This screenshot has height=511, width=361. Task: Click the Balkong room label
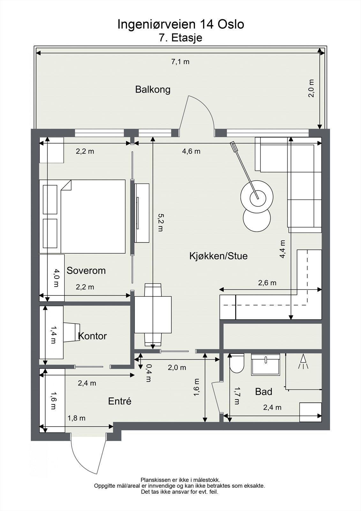(x=153, y=89)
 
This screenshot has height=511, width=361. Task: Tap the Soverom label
(x=86, y=271)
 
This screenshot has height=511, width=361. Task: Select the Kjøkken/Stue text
(x=218, y=256)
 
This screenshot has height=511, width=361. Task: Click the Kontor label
(x=92, y=336)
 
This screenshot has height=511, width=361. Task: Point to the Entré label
(x=120, y=401)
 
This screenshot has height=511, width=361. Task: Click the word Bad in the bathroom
(x=263, y=392)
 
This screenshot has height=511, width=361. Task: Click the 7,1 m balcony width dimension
(x=180, y=62)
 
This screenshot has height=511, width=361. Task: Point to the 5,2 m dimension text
(x=160, y=223)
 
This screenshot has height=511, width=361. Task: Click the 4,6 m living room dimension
(x=191, y=151)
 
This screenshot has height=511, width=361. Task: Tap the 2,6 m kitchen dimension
(x=267, y=283)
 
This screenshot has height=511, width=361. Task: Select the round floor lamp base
(x=257, y=197)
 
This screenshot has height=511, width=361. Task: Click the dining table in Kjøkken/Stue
(x=153, y=315)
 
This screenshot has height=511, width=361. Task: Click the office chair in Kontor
(x=71, y=332)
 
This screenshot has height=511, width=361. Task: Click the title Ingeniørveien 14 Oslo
(x=181, y=24)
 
